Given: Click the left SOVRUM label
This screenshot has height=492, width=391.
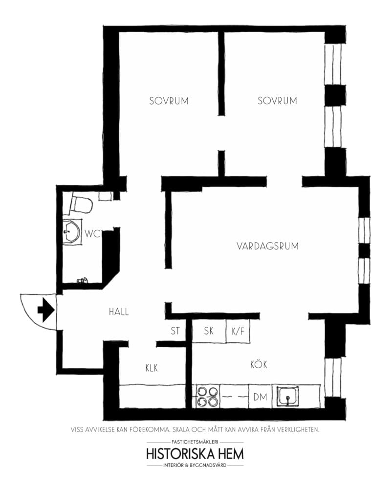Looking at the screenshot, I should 169,101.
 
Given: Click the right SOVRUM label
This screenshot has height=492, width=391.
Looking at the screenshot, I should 278,101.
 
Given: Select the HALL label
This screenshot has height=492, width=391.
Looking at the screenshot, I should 119,312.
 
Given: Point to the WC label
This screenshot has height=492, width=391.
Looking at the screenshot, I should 92,234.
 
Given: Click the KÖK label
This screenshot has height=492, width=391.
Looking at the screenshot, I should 259,365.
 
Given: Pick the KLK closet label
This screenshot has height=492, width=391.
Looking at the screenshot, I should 152,368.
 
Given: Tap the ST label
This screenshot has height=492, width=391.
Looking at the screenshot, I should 175,331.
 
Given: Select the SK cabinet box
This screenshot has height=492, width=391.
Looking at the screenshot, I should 209,331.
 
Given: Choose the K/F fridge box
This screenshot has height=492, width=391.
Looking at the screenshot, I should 238,331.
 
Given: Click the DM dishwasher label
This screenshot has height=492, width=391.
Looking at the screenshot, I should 260,397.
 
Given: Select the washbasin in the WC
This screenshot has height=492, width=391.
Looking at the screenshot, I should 73,232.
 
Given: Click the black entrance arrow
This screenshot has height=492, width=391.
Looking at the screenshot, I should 46,310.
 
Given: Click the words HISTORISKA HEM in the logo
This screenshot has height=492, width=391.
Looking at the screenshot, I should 195,453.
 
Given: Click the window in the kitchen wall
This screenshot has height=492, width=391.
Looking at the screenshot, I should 333,378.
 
